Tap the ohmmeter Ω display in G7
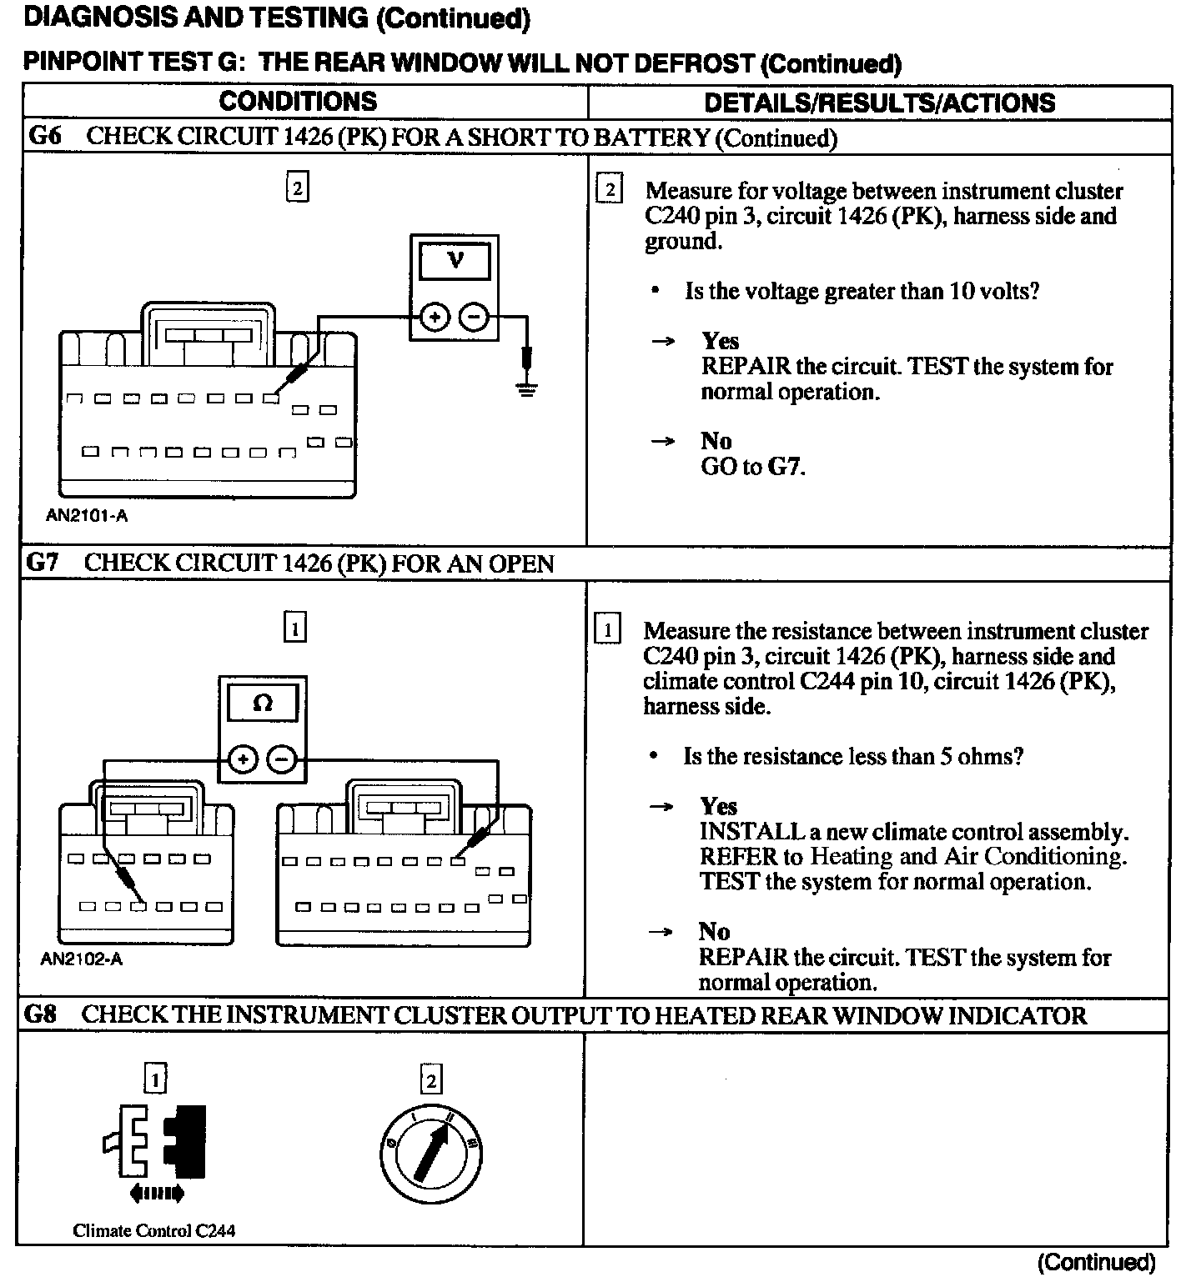[x=262, y=703]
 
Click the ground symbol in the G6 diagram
[x=526, y=387]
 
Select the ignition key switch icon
[x=430, y=1154]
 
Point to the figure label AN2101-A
[x=87, y=516]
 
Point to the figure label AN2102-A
[x=82, y=959]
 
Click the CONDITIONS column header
[x=298, y=102]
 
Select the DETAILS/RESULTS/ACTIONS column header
[x=879, y=103]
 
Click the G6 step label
[x=44, y=136]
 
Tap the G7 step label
[x=43, y=563]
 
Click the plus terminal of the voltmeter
[x=434, y=318]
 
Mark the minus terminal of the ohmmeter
[x=282, y=759]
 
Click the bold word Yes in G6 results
[x=720, y=341]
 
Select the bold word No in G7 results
[x=714, y=931]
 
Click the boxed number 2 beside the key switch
[x=431, y=1081]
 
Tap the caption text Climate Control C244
[x=154, y=1231]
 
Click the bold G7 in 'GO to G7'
[x=784, y=466]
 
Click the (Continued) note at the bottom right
[x=1097, y=1262]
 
